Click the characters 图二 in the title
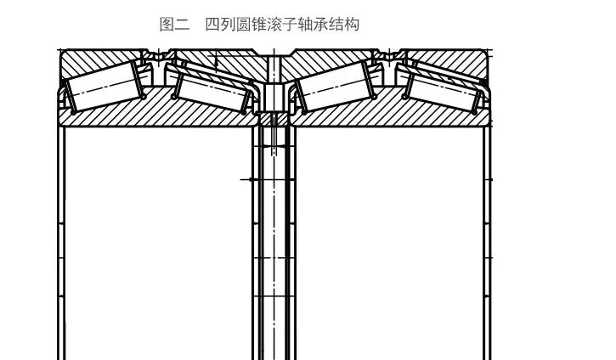(174, 24)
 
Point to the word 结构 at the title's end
(344, 24)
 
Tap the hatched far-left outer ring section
(93, 61)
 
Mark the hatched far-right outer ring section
(450, 61)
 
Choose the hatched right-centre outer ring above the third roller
(319, 62)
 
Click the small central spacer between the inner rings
(272, 98)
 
